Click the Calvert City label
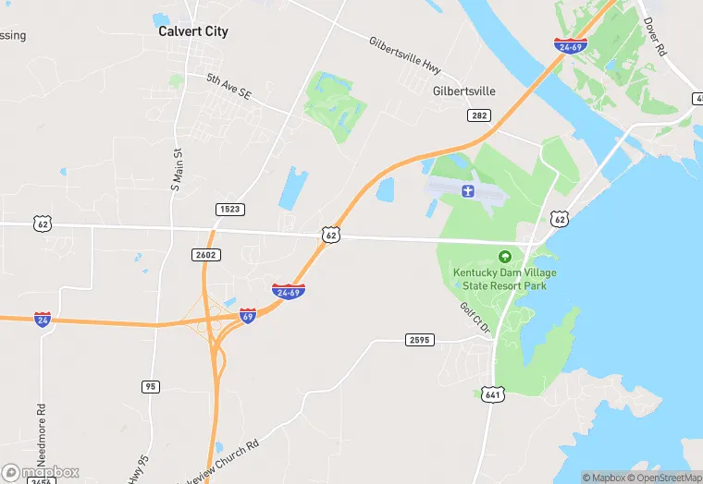tap(192, 31)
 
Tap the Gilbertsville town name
tap(463, 91)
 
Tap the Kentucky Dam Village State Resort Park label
tap(499, 279)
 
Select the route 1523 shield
tap(230, 210)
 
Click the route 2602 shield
tap(205, 254)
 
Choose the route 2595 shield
tap(419, 340)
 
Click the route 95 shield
tap(150, 386)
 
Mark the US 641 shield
tap(493, 393)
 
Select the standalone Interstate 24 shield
tap(43, 319)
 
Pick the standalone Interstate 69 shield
tap(247, 316)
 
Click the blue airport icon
tap(467, 191)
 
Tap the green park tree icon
tap(504, 257)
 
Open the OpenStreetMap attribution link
tap(663, 478)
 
